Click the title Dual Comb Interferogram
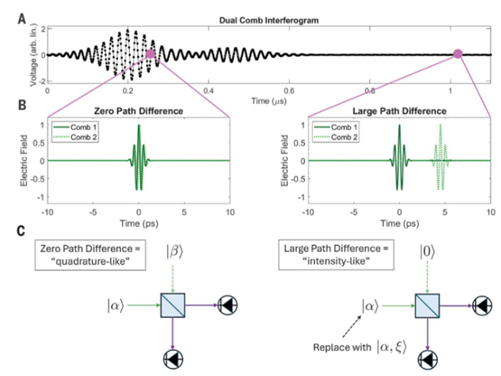click(x=269, y=21)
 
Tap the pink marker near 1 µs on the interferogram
click(x=458, y=54)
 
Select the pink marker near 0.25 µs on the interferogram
click(x=150, y=54)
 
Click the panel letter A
click(x=22, y=19)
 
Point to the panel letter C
click(x=21, y=230)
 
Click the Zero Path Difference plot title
click(x=138, y=111)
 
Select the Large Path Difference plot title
click(x=399, y=111)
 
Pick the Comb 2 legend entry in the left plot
click(x=74, y=137)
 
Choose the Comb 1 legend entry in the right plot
click(x=335, y=127)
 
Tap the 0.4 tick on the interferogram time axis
click(x=209, y=90)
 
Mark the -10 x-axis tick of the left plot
click(x=47, y=212)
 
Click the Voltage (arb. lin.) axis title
click(x=32, y=55)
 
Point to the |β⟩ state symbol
click(x=174, y=251)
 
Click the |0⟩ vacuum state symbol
click(x=427, y=252)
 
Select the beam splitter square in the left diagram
click(x=172, y=305)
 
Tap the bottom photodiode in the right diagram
click(x=428, y=360)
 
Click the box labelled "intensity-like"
click(x=336, y=255)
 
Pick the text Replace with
click(x=342, y=347)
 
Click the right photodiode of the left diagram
click(x=227, y=305)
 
